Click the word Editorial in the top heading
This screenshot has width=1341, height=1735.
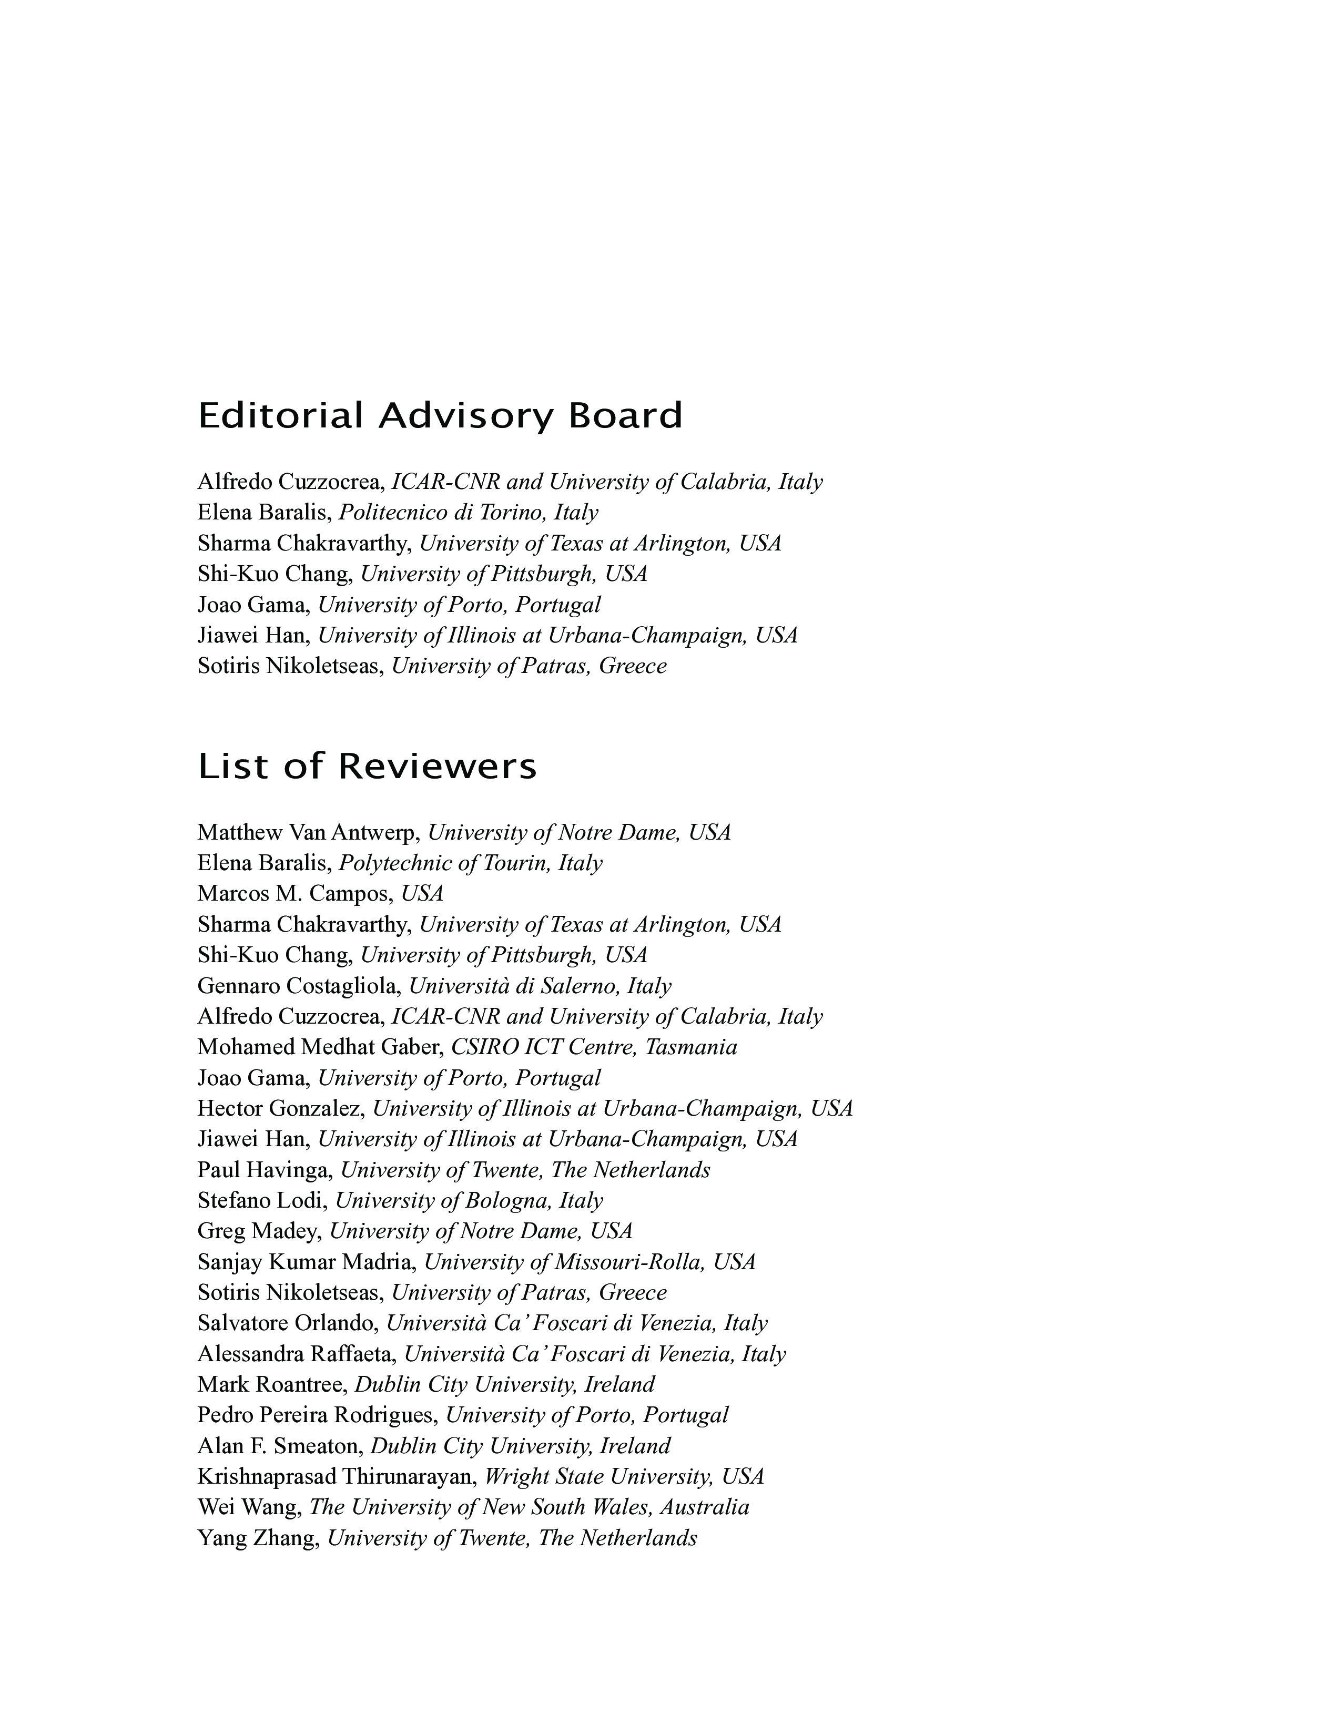(280, 416)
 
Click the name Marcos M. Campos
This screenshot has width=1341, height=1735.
(294, 894)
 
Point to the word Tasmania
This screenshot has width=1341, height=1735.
(691, 1048)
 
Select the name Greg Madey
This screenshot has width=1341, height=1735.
(259, 1231)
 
